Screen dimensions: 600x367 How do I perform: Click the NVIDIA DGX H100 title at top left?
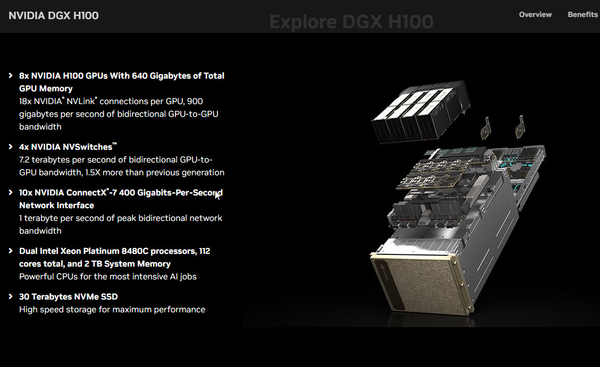[x=54, y=16]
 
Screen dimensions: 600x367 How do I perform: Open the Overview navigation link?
[x=535, y=14]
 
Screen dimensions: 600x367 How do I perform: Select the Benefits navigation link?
[x=582, y=14]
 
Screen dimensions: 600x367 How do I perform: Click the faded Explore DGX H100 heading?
[x=351, y=22]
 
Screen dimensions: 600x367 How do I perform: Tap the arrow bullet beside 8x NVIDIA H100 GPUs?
[x=11, y=76]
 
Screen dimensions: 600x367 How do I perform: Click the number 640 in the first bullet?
[x=140, y=76]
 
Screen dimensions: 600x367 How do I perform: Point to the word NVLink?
[x=81, y=101]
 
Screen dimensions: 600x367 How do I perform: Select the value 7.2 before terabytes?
[x=24, y=160]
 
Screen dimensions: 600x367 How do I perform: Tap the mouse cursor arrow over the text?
[x=217, y=195]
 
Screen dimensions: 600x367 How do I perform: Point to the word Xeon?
[x=71, y=251]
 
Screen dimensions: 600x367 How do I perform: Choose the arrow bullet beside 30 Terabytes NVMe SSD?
[x=11, y=297]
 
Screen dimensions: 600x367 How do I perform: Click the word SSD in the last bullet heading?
[x=109, y=297]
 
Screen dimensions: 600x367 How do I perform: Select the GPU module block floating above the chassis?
[x=421, y=112]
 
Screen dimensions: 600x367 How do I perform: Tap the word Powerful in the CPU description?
[x=36, y=277]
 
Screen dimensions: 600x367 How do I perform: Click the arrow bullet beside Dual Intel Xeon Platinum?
[x=11, y=251]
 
